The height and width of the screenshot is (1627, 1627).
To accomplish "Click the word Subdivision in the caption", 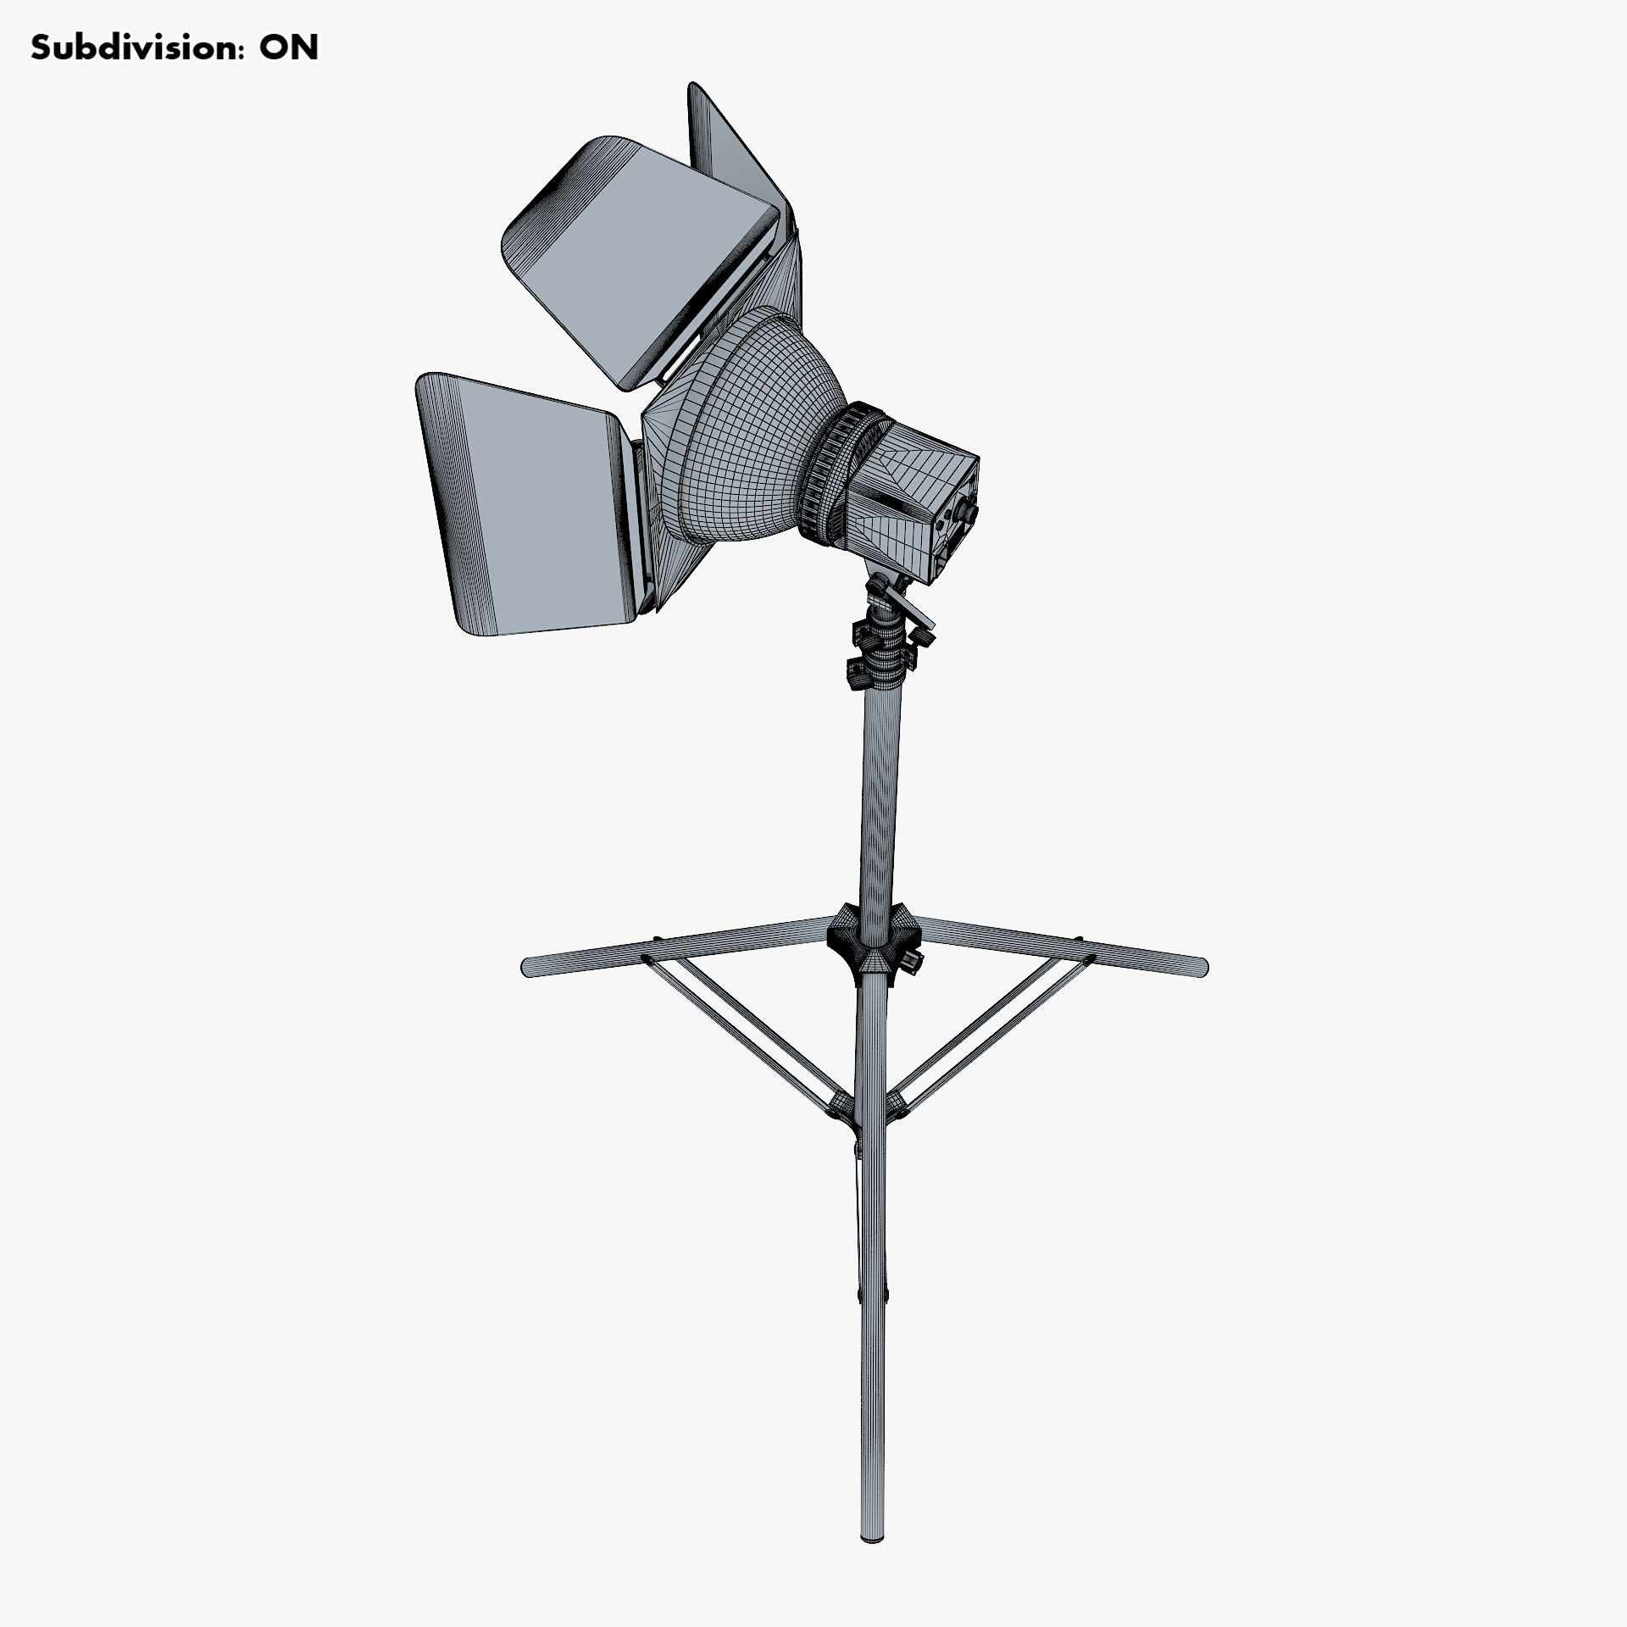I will [126, 48].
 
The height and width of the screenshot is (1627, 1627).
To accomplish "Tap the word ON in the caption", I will [288, 48].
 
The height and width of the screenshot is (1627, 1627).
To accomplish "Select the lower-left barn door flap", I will [525, 508].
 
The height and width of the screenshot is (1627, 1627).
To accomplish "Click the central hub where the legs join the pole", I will [873, 941].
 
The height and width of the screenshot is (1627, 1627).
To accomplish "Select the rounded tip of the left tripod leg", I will [530, 967].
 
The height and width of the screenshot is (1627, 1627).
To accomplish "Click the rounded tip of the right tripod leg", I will [1199, 966].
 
